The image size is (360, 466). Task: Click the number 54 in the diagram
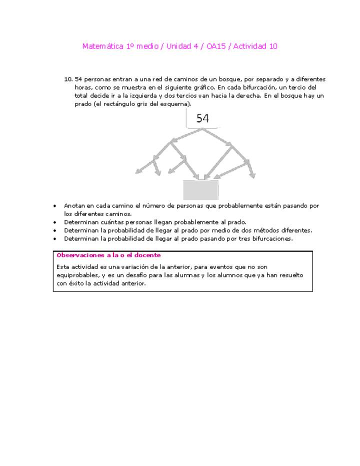point(202,118)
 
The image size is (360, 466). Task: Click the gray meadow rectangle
point(200,190)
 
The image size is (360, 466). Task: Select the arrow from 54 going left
point(185,135)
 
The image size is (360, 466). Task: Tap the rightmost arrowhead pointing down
point(252,175)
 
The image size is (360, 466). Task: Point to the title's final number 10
point(273,46)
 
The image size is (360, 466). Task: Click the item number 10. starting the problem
point(68,79)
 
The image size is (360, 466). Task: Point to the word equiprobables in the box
point(78,275)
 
